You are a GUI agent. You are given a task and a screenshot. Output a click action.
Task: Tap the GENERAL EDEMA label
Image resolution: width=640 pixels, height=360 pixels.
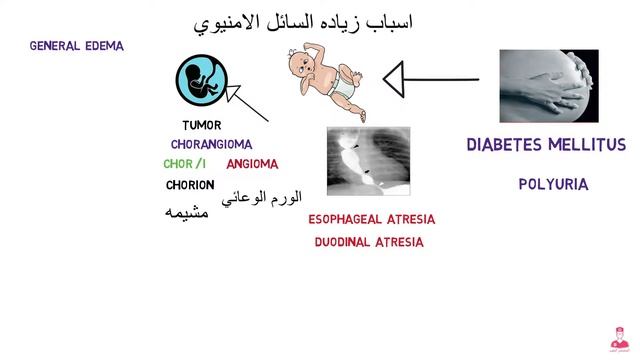77,46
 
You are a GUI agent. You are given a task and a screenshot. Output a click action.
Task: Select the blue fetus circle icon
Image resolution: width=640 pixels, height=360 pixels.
199,82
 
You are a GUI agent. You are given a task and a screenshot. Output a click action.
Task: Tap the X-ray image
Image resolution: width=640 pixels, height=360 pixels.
368,161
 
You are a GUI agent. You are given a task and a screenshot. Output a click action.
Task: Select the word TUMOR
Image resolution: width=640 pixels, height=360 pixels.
202,126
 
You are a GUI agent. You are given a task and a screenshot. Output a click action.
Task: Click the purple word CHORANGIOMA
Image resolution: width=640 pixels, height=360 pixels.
211,144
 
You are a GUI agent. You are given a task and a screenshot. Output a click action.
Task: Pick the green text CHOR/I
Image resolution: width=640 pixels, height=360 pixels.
185,164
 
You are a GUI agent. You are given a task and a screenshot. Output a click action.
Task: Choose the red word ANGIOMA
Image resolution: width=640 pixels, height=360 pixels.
252,164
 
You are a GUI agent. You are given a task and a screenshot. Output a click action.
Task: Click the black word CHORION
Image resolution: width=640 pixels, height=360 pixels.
190,184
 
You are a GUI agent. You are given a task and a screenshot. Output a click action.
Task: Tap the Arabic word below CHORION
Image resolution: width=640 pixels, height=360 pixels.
186,212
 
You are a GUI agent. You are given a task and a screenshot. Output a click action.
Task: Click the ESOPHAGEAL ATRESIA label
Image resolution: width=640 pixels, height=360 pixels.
368,219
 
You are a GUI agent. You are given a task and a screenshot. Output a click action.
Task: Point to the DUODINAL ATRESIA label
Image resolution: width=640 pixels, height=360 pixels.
368,242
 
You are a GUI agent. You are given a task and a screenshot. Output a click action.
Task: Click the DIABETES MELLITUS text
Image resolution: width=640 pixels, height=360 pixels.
546,145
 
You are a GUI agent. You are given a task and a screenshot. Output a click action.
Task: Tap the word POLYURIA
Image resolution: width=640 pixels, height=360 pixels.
553,184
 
